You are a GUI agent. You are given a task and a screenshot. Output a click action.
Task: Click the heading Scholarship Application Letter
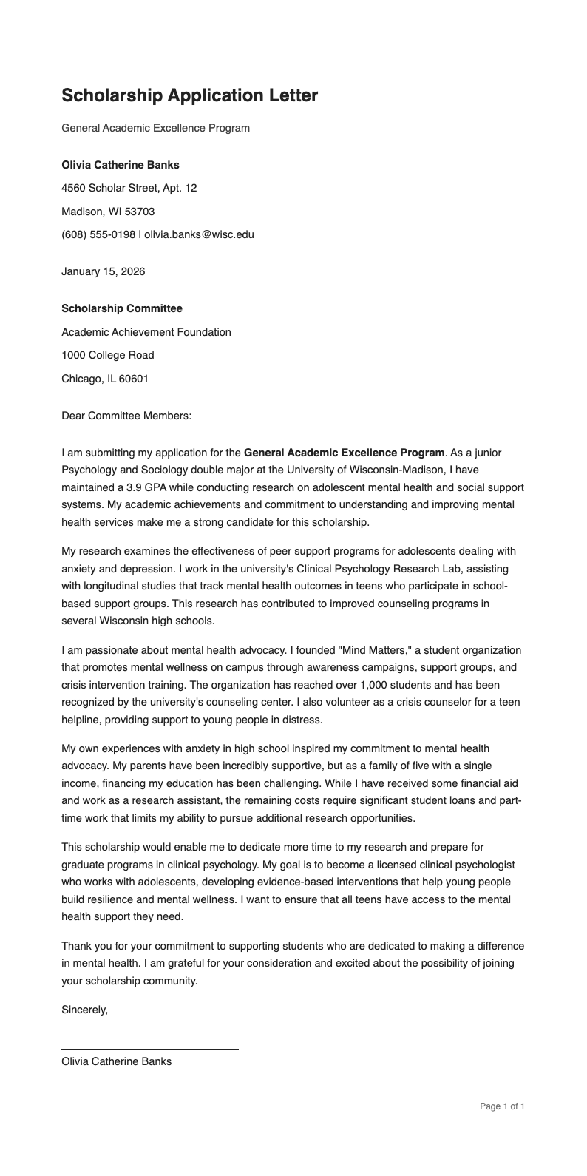[x=189, y=95]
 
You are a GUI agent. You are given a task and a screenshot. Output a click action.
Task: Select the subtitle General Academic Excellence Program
[x=155, y=128]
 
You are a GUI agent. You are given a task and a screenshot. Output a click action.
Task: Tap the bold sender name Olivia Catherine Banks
[x=120, y=165]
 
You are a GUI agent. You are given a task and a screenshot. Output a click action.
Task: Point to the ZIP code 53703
[x=139, y=212]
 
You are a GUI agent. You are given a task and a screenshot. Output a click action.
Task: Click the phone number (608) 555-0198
[x=98, y=235]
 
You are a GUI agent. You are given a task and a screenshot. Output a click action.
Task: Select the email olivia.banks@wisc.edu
[x=199, y=235]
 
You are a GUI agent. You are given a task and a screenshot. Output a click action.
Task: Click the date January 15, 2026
[x=103, y=271]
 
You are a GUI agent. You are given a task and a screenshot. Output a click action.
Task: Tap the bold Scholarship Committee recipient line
[x=121, y=308]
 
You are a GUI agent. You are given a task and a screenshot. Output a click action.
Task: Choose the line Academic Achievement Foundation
[x=146, y=332]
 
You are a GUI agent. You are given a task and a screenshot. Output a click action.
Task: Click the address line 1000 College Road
[x=107, y=356]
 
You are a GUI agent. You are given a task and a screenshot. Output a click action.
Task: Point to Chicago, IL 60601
[x=104, y=379]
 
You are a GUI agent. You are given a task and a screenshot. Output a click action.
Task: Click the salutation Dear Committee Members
[x=126, y=416]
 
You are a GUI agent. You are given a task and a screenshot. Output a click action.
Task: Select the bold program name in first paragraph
[x=345, y=453]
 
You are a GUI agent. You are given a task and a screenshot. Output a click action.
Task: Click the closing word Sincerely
[x=84, y=1009]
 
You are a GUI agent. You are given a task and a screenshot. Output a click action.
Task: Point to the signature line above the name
[x=149, y=1048]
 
